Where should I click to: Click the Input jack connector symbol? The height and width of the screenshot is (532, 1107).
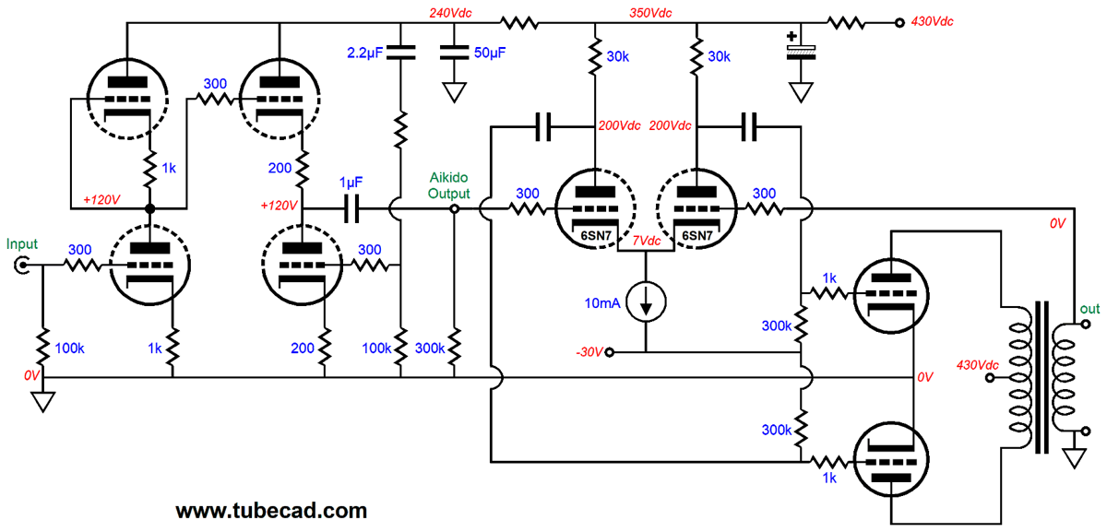21,266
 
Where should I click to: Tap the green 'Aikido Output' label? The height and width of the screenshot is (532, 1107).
449,187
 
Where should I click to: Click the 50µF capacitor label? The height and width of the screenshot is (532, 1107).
489,53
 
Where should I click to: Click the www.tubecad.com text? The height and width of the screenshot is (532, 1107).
271,510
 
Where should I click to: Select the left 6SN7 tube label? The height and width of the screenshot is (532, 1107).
592,235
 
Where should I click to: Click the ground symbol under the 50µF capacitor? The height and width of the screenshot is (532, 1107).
453,91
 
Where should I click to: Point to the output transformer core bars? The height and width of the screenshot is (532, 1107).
1042,377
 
